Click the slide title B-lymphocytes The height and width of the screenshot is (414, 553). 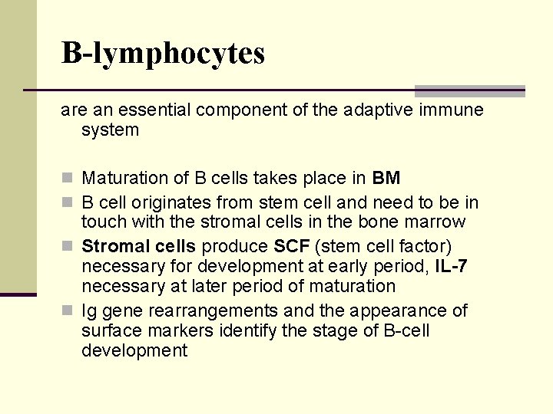163,53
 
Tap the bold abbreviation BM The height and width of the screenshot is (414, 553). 386,179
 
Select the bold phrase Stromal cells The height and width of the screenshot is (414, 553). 138,247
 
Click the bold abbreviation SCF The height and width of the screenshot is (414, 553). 291,247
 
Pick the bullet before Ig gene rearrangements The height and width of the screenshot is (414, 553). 67,311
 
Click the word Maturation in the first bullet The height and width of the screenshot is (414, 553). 124,179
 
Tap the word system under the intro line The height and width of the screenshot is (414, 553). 110,130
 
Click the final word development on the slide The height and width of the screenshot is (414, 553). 134,351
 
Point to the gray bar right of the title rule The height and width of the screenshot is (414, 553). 469,90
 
